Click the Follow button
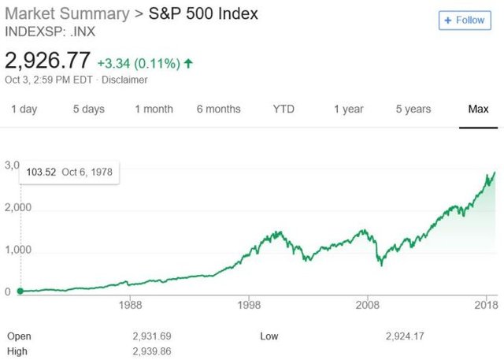click(x=464, y=20)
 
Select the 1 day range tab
click(x=24, y=109)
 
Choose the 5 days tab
click(x=88, y=109)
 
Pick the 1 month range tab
click(x=154, y=109)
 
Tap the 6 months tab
click(x=218, y=109)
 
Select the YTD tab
click(x=283, y=109)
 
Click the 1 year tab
click(x=348, y=109)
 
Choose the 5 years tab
click(x=413, y=109)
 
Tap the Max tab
click(x=478, y=109)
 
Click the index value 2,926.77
click(x=47, y=61)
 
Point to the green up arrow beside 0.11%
click(x=188, y=62)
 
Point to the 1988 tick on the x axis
click(x=131, y=305)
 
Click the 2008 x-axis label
click(x=369, y=305)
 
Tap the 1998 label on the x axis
click(x=250, y=305)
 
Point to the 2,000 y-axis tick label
click(x=17, y=208)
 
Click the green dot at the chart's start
click(x=20, y=291)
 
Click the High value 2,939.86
click(x=155, y=351)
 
